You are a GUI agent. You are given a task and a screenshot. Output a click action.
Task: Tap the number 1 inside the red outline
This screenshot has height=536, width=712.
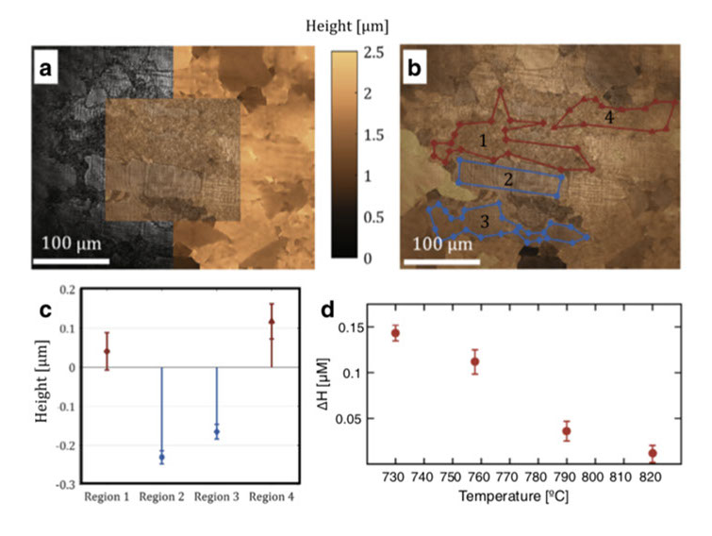pos(482,142)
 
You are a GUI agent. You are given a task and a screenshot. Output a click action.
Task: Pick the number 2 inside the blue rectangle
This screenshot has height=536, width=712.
pos(507,178)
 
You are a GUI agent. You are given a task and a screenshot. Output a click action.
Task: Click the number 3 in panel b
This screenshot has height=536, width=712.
pos(483,221)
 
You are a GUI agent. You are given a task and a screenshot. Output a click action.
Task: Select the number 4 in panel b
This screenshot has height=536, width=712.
pos(609,118)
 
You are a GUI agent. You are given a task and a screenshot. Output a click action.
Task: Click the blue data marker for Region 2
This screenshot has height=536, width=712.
pos(161,457)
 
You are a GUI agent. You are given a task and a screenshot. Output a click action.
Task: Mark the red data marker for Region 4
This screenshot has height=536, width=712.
pos(272,322)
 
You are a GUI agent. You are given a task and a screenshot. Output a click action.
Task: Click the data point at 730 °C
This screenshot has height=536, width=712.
pos(395,333)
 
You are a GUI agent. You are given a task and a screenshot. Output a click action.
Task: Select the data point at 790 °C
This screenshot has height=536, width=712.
pos(566,431)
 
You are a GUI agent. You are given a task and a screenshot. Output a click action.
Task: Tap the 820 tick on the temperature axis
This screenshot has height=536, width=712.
pos(652,477)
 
